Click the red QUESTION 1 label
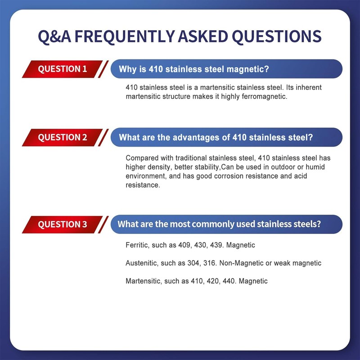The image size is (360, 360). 63,69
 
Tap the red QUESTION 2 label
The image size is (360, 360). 63,137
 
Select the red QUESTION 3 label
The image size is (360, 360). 63,224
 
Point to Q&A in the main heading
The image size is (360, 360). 54,36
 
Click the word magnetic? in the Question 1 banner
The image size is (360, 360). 247,69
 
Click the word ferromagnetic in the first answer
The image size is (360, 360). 264,96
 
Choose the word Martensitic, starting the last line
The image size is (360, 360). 143,281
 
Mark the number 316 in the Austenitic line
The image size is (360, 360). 210,263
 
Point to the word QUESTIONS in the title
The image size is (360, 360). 277,36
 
